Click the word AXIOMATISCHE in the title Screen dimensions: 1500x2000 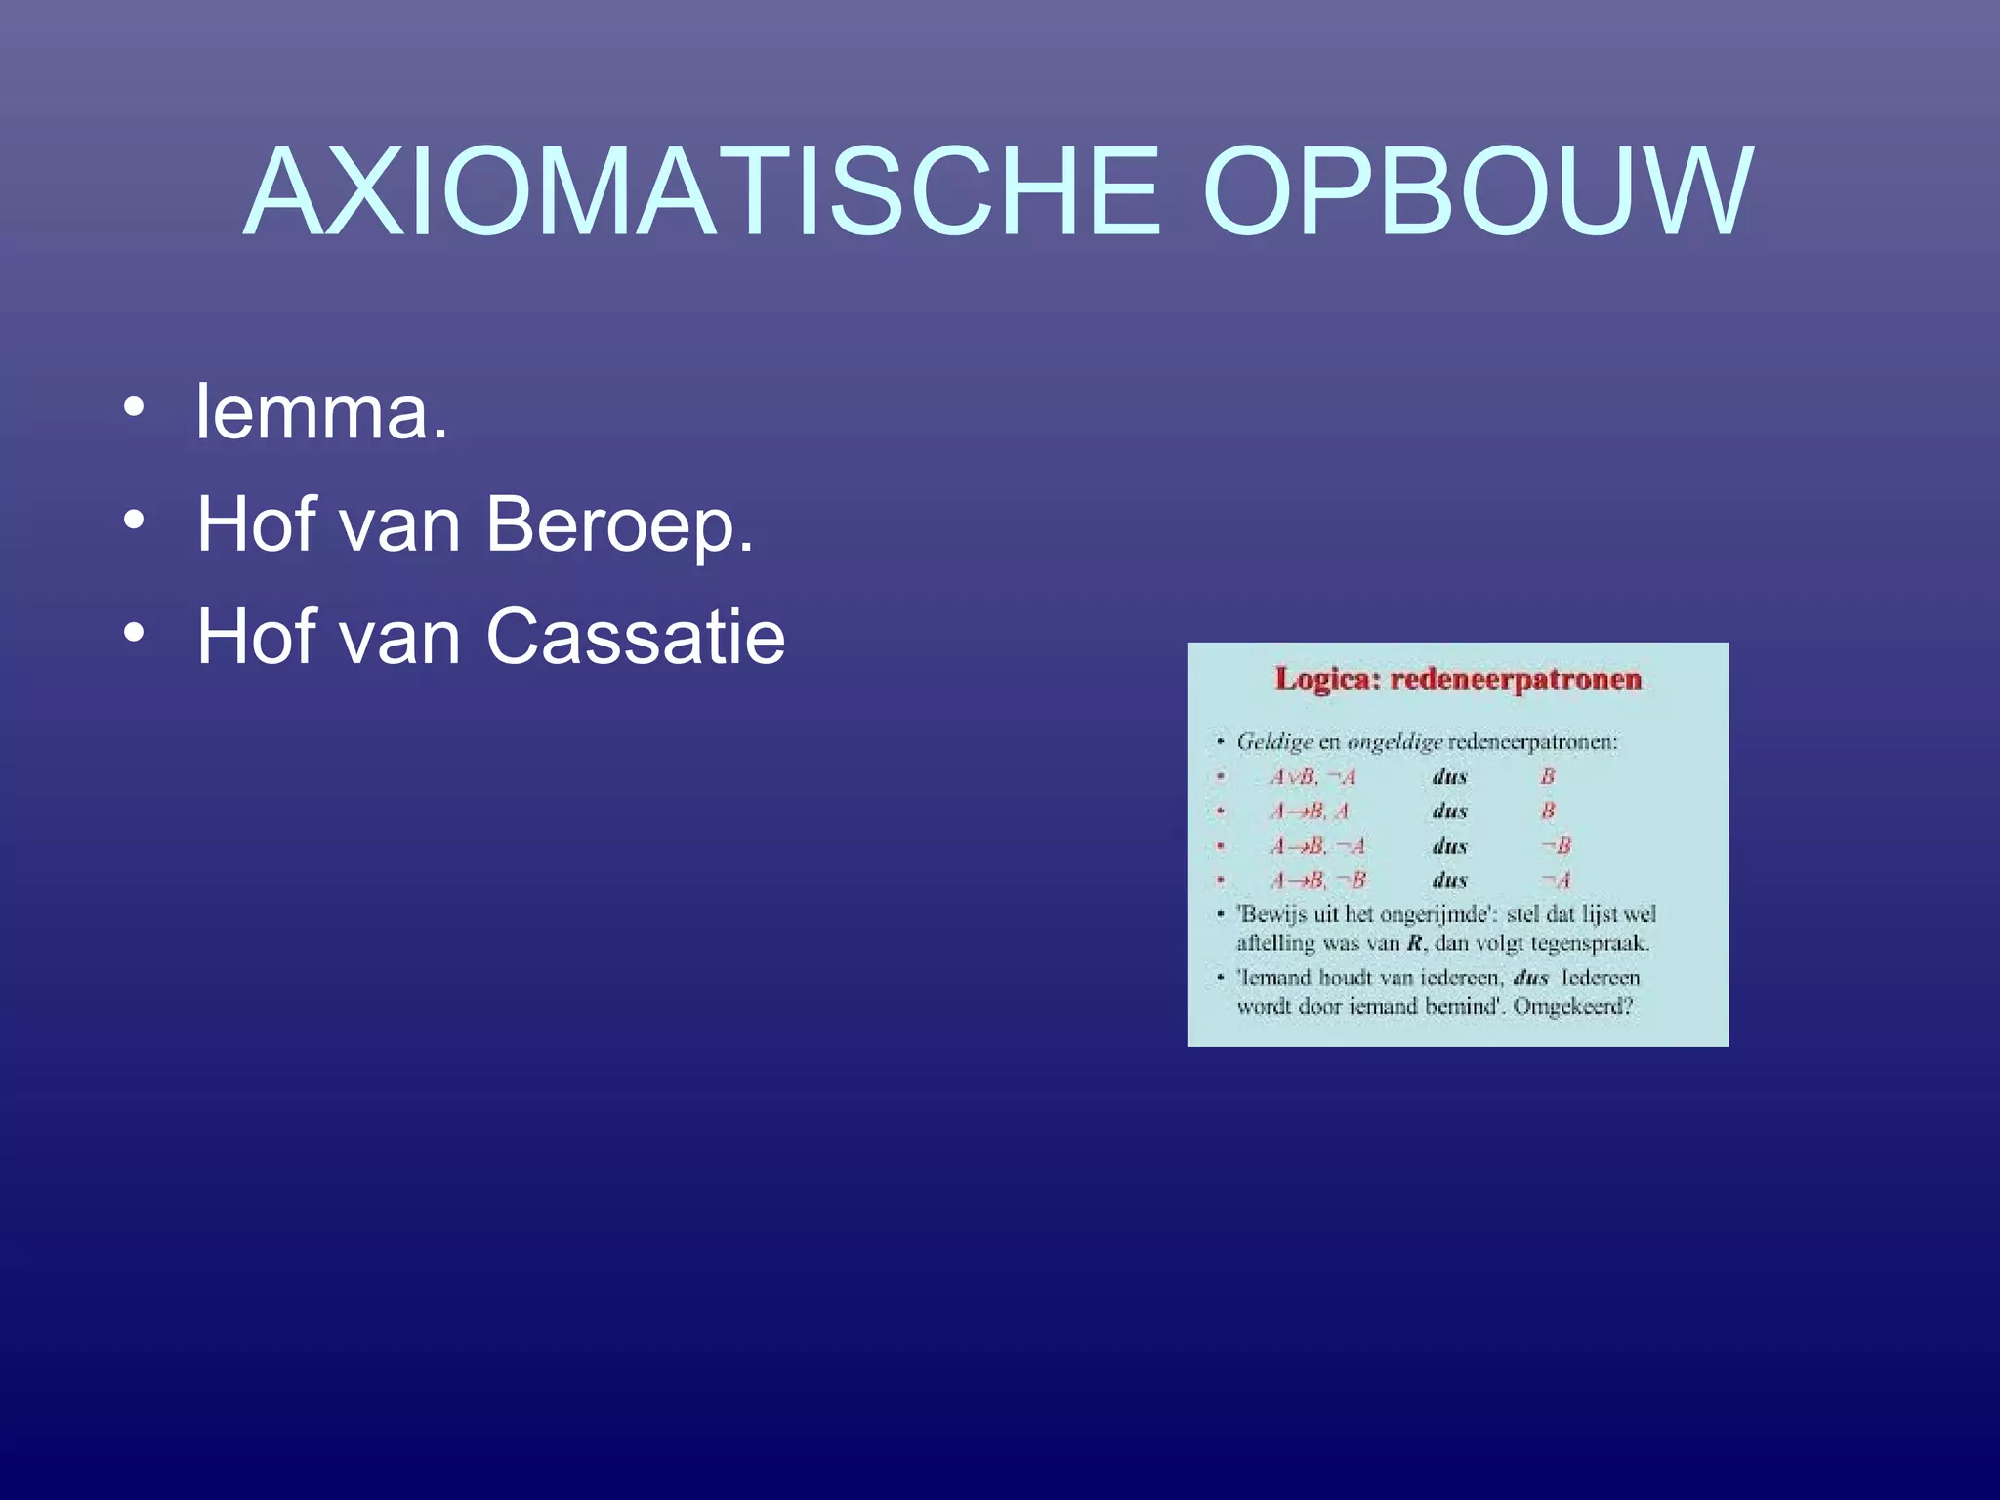pyautogui.click(x=701, y=191)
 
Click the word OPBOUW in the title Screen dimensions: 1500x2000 pyautogui.click(x=1478, y=191)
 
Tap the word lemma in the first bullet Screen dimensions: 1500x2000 pyautogui.click(x=321, y=411)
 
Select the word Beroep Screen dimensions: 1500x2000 pyautogui.click(x=618, y=525)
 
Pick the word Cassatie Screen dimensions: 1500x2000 pyautogui.click(x=635, y=637)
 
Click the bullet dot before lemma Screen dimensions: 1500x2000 pyautogui.click(x=134, y=407)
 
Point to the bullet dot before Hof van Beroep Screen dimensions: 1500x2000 pyautogui.click(x=134, y=520)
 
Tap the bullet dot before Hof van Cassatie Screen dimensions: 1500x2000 pyautogui.click(x=134, y=632)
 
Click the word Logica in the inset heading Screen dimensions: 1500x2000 pyautogui.click(x=1327, y=679)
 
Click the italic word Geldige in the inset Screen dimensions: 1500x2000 pyautogui.click(x=1274, y=742)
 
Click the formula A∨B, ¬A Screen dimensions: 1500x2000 pyautogui.click(x=1312, y=777)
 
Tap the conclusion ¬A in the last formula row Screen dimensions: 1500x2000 pyautogui.click(x=1556, y=880)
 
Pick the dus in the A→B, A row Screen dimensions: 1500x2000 pyautogui.click(x=1449, y=812)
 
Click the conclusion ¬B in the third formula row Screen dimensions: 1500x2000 pyautogui.click(x=1556, y=846)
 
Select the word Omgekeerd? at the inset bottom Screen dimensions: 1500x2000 pyautogui.click(x=1572, y=1006)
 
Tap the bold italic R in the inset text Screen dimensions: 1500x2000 pyautogui.click(x=1415, y=943)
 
